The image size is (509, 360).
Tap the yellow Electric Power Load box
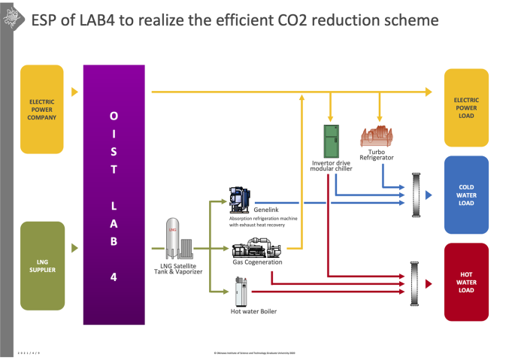pyautogui.click(x=466, y=107)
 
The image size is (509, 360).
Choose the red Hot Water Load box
pyautogui.click(x=466, y=283)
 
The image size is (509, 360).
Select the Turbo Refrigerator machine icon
pyautogui.click(x=378, y=135)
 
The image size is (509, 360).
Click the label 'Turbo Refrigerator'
pyautogui.click(x=377, y=154)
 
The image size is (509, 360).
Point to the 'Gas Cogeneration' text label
pyautogui.click(x=257, y=262)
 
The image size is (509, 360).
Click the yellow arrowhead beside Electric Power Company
pyautogui.click(x=74, y=92)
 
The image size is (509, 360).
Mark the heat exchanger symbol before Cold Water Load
pyautogui.click(x=415, y=195)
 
